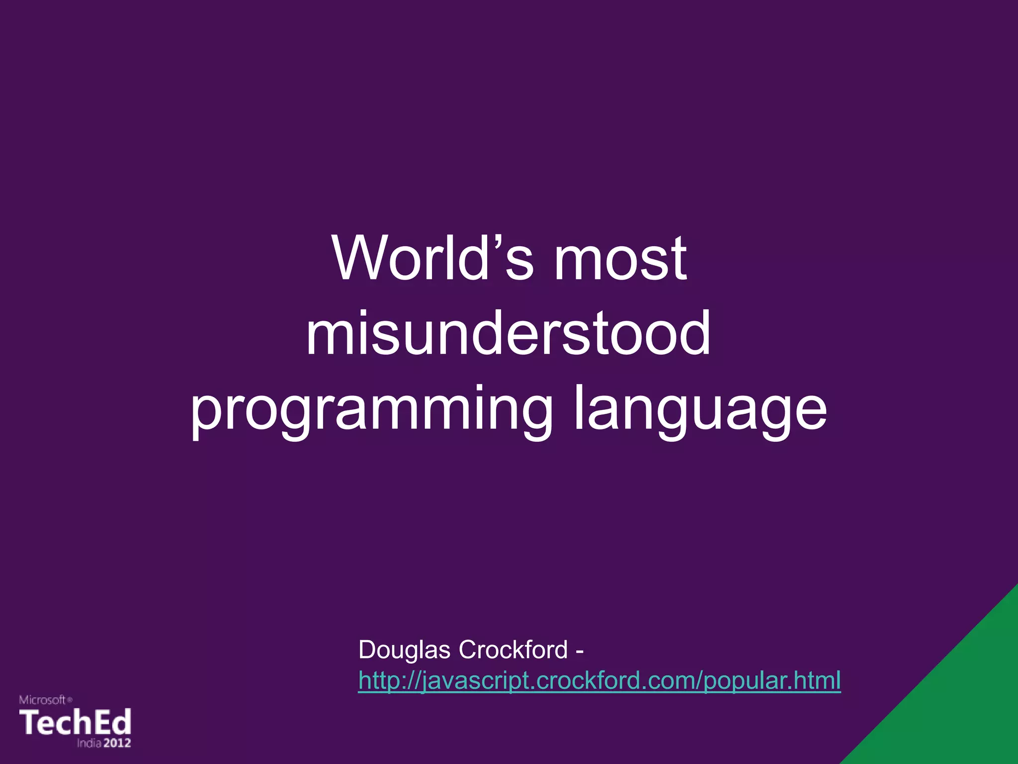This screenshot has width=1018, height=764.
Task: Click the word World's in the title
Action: (432, 259)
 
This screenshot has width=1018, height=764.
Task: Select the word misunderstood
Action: (508, 333)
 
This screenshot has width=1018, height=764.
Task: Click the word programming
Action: (371, 410)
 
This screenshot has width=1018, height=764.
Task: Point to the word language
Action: (700, 410)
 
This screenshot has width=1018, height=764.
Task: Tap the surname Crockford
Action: (512, 650)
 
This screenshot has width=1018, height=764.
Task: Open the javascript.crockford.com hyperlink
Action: (599, 680)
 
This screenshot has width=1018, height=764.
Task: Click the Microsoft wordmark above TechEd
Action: (43, 700)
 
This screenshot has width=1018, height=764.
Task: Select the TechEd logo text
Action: (75, 722)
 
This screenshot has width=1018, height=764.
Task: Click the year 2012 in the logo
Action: (117, 743)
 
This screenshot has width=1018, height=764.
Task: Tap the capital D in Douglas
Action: (366, 650)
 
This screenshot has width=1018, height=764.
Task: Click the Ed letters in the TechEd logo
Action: (113, 722)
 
